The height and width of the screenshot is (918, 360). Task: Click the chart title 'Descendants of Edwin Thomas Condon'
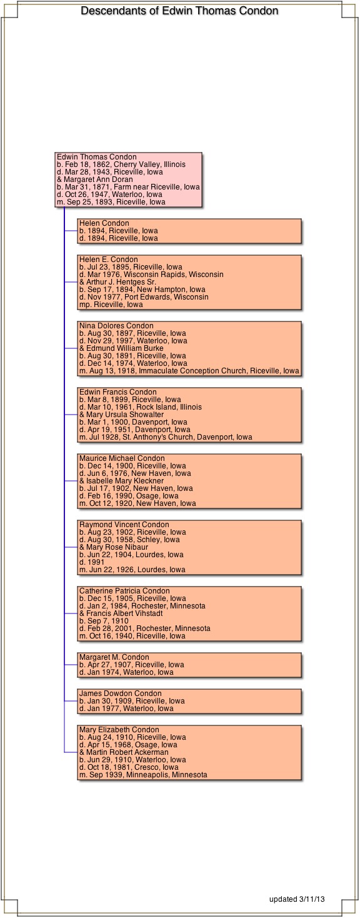pos(179,11)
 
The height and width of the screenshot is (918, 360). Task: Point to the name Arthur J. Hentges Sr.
pos(121,282)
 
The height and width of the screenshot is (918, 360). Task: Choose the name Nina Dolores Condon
pos(116,326)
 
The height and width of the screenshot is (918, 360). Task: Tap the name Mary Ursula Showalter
pos(125,415)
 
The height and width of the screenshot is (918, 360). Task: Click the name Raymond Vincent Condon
pos(124,525)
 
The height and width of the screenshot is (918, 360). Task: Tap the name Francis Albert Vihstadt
pos(124,614)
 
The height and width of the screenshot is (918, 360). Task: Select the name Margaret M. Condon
pos(114,657)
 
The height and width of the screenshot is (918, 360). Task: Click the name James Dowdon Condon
pos(121,694)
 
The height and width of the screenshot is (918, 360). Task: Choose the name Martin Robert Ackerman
pos(127,752)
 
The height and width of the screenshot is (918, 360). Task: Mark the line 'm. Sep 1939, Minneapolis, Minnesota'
pos(143,775)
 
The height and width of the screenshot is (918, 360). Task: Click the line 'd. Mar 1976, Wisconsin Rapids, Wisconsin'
pos(151,275)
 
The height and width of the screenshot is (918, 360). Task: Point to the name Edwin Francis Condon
pos(118,392)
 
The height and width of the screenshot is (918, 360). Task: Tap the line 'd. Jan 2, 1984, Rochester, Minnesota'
pos(142,606)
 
